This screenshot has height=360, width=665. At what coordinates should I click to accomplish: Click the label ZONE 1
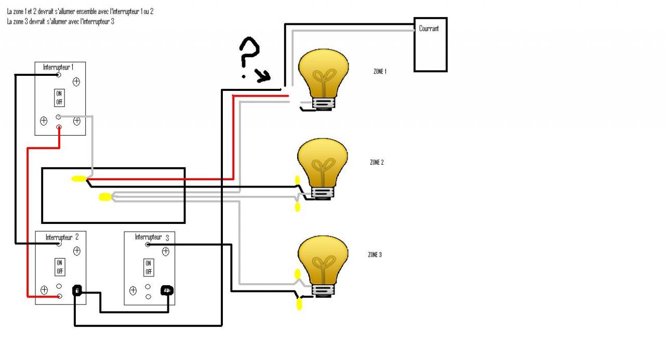tap(380, 72)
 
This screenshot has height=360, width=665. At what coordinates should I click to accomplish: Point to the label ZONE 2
tap(377, 163)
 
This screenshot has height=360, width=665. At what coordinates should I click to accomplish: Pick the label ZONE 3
tap(375, 255)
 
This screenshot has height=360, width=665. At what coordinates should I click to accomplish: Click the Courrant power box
tap(430, 45)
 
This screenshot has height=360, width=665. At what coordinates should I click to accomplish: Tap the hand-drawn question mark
tap(248, 56)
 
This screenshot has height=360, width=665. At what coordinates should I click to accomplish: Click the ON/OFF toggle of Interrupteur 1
tap(59, 98)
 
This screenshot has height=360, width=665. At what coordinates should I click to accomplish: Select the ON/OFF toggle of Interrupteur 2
tap(60, 267)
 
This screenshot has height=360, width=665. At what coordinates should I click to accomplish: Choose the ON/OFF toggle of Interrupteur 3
tap(149, 268)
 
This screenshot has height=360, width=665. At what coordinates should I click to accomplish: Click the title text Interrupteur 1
tap(58, 68)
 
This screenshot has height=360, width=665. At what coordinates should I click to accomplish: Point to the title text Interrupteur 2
tap(62, 237)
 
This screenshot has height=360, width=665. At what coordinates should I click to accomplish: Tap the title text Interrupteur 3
tap(152, 237)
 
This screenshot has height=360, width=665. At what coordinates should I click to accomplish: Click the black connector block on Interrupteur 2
tap(77, 290)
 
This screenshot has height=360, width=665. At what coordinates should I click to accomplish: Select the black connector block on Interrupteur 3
tap(167, 290)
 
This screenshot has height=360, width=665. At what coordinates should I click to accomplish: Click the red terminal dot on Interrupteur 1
tap(59, 127)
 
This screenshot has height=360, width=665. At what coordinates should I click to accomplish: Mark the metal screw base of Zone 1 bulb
tap(323, 103)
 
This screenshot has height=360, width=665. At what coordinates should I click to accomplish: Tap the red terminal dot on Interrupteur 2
tap(59, 296)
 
